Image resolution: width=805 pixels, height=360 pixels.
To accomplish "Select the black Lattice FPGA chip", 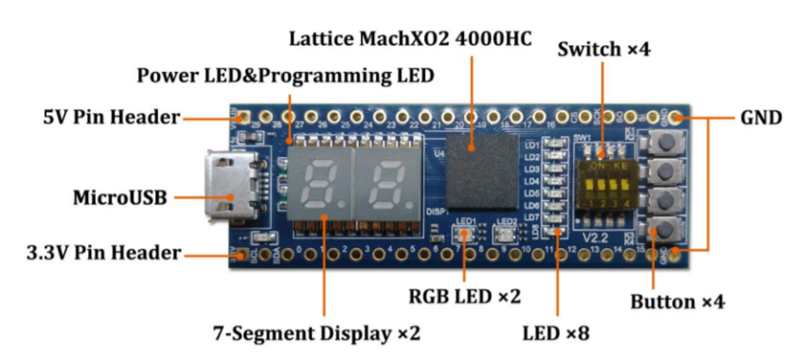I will [x=481, y=171].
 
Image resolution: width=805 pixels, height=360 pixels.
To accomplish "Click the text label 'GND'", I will [x=760, y=119].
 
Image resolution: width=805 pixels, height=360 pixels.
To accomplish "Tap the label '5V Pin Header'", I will [x=112, y=118].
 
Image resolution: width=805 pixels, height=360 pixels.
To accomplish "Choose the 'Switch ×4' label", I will [x=603, y=48].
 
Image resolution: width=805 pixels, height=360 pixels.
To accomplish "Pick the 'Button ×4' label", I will [x=677, y=302].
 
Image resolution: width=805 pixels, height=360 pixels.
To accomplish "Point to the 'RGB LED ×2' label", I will [x=464, y=296].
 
